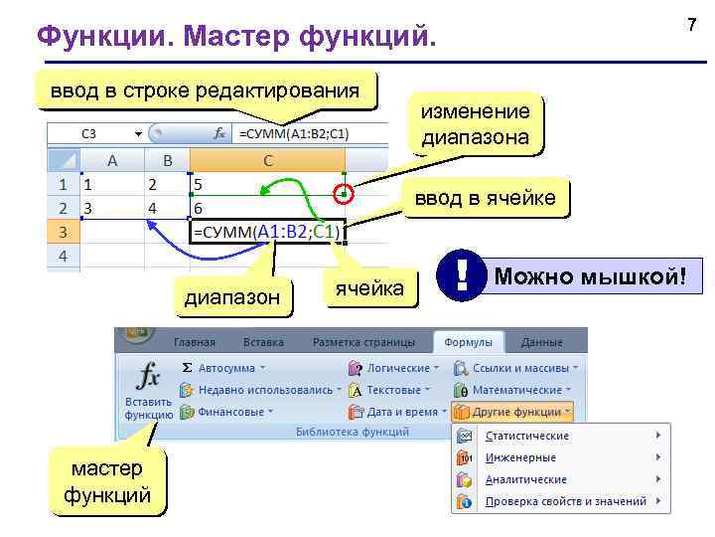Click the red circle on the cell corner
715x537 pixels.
coord(344,194)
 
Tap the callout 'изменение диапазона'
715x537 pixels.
coord(476,124)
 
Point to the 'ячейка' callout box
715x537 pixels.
coord(369,288)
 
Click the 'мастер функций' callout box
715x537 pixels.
coord(107,481)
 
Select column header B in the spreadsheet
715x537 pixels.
coord(167,159)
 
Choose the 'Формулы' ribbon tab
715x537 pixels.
coord(469,342)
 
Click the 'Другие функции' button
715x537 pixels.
coord(512,411)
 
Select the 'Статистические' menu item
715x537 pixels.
coord(526,436)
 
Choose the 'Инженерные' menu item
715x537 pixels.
coord(519,457)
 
